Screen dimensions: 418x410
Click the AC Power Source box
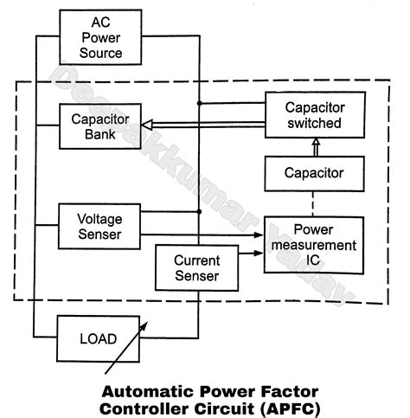pyautogui.click(x=101, y=36)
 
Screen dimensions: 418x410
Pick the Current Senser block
pyautogui.click(x=196, y=268)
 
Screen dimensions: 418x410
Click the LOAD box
pyautogui.click(x=98, y=338)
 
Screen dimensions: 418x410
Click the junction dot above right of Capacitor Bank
pyautogui.click(x=199, y=103)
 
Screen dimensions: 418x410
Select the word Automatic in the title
pyautogui.click(x=144, y=389)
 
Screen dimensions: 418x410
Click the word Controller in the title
pyautogui.click(x=151, y=407)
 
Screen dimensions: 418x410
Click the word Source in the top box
pyautogui.click(x=101, y=53)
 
